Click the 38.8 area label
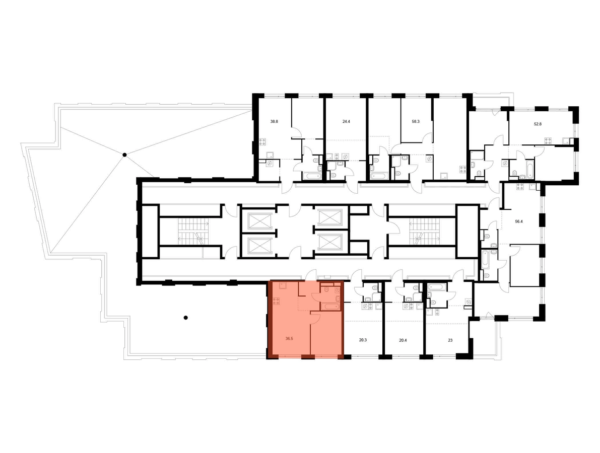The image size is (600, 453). [274, 122]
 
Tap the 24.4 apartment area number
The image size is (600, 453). [346, 122]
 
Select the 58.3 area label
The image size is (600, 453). [416, 122]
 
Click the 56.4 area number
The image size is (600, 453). [519, 221]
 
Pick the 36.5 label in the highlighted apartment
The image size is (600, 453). [289, 338]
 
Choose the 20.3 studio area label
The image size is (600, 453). [363, 339]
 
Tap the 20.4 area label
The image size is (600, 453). [403, 339]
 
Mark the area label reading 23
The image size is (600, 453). [450, 339]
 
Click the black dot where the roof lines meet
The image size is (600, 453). [124, 155]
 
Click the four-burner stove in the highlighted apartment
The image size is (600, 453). [276, 301]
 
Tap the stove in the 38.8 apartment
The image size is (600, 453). [263, 142]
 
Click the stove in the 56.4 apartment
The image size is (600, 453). [520, 187]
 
